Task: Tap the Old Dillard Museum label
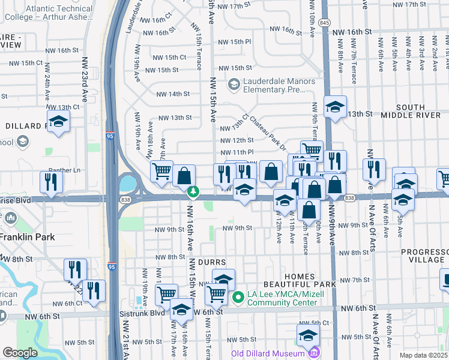tap(268, 353)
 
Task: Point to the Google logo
tap(20, 353)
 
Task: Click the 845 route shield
tap(325, 22)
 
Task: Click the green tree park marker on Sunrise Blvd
tap(193, 192)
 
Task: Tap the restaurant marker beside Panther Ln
tap(52, 182)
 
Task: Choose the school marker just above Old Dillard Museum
tap(307, 335)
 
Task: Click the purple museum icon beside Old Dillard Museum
tap(314, 353)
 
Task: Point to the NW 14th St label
tap(173, 94)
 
